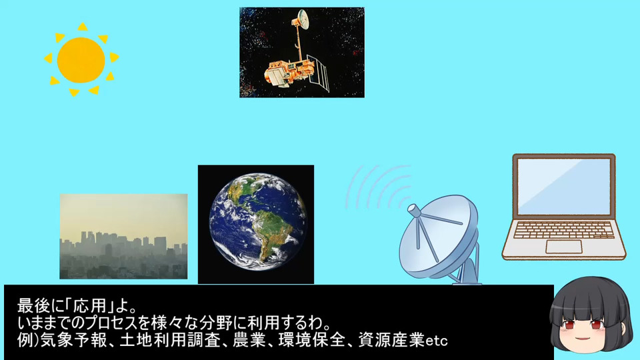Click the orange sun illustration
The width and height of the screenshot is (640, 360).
point(81,60)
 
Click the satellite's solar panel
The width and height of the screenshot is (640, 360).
point(318,73)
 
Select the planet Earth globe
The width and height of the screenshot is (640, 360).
point(257,222)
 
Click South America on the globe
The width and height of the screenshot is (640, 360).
point(266,234)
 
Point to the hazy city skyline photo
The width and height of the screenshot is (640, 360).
point(124,236)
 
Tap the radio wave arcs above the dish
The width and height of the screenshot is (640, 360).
point(377,186)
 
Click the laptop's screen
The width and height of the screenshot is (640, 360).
point(564,186)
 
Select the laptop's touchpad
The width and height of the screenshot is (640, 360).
point(564,247)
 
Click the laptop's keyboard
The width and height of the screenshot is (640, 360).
point(564,230)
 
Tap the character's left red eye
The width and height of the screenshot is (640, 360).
point(569,325)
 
